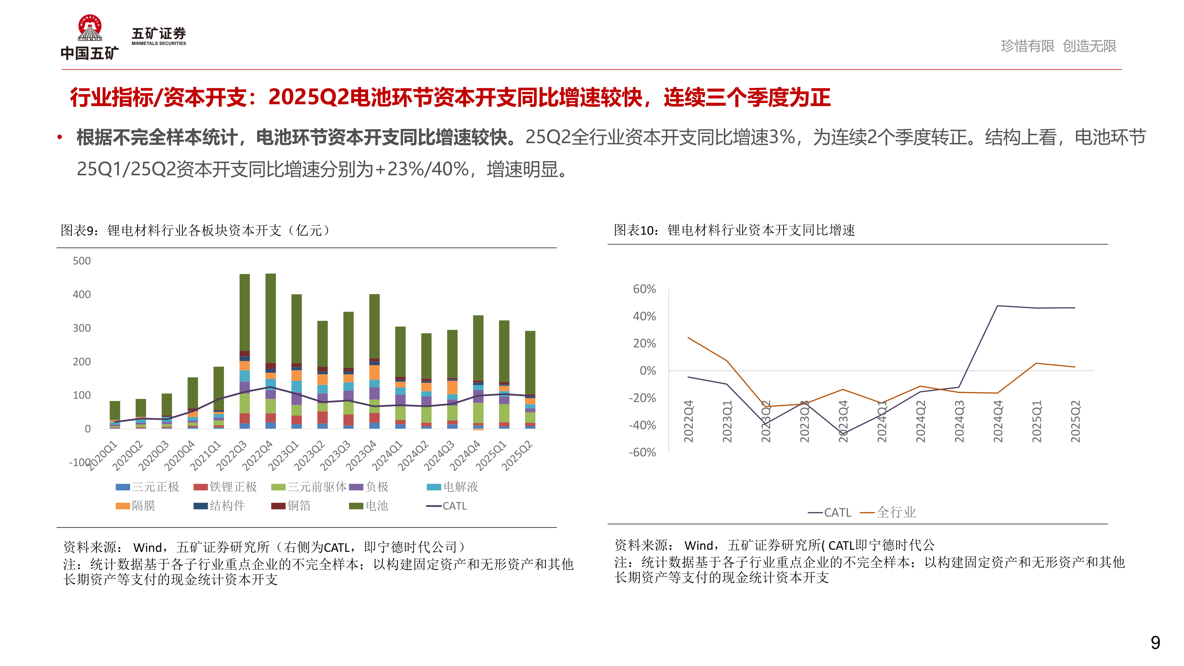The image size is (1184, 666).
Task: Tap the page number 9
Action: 1155,642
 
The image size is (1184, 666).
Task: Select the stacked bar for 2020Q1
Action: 115,414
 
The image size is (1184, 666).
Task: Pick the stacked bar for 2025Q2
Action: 530,379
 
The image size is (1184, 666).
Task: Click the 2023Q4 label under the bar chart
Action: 361,456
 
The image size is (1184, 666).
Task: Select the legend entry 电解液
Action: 453,487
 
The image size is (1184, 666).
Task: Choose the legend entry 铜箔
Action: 291,506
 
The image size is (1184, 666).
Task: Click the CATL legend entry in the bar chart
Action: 447,506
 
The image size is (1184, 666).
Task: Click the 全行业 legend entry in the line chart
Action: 888,512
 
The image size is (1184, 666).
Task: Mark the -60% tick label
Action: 642,452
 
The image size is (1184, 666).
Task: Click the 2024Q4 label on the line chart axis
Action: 998,421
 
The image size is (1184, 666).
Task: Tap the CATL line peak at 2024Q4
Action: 997,306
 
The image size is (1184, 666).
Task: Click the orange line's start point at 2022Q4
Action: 688,338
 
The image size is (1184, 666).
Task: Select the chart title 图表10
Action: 734,230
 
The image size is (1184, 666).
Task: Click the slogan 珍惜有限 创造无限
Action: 1058,46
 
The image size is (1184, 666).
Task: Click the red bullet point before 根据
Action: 60,137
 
